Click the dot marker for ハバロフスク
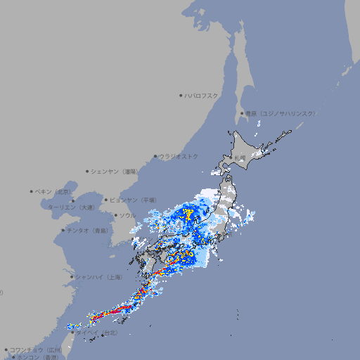point(181,95)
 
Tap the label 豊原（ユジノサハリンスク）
point(280,113)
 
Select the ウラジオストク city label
point(179,156)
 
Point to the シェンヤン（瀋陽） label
point(115,171)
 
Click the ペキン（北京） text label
point(53,191)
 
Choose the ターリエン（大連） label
point(71,207)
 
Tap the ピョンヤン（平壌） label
point(133,200)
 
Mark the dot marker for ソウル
point(115,216)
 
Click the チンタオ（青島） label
point(87,231)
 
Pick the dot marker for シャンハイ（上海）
point(72,276)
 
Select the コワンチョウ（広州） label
point(36,349)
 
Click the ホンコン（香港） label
point(37,357)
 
